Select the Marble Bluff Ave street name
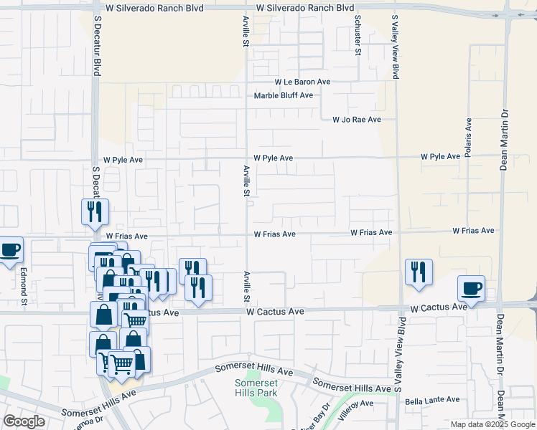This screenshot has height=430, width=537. tap(284, 95)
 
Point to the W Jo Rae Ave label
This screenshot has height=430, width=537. tap(356, 120)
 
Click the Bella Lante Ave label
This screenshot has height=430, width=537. tap(431, 400)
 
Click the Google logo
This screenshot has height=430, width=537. tap(24, 421)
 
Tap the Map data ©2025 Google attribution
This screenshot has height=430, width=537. tap(492, 424)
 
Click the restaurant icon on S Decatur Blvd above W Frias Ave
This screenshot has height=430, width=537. tap(95, 211)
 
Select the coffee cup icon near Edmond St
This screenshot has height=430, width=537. tap(10, 250)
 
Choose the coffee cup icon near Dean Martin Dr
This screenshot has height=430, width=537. tap(471, 288)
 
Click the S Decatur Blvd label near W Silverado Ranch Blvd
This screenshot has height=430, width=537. tap(96, 48)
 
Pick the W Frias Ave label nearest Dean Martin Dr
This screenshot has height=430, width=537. tap(473, 231)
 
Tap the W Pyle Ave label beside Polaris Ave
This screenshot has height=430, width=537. tap(440, 156)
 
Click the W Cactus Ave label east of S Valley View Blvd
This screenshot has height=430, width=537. tap(439, 307)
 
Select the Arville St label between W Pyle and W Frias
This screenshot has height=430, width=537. tap(246, 181)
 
